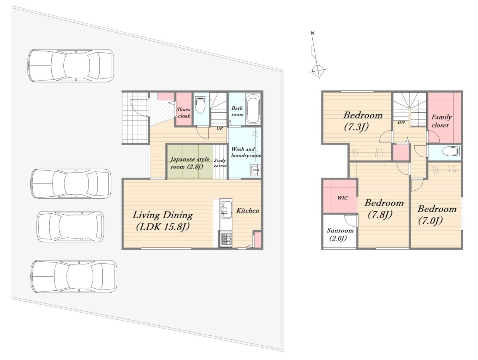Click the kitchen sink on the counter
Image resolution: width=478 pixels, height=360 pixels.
coord(225,209)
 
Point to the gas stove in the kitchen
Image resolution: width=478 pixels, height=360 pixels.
coord(226,239)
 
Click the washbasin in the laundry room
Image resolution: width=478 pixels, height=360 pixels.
coord(255,170)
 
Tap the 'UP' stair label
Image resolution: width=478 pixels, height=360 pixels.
coord(219,129)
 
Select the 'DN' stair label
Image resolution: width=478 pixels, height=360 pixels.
coord(401,123)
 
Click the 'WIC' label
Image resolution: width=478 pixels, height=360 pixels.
coord(343,198)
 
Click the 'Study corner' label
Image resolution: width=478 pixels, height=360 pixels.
coord(220,163)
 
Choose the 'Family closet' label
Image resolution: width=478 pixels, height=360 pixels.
coord(441,121)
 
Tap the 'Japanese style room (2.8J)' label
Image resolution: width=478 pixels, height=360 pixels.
coord(190,163)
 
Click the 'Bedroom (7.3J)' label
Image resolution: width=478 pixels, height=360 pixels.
coord(362,121)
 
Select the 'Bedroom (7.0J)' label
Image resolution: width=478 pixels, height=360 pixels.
coord(437,215)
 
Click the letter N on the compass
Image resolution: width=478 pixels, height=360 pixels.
coord(313,33)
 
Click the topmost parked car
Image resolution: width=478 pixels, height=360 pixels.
coord(71,66)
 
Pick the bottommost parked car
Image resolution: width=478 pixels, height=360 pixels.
coord(74,276)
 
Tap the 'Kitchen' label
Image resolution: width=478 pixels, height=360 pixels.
coord(248,211)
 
